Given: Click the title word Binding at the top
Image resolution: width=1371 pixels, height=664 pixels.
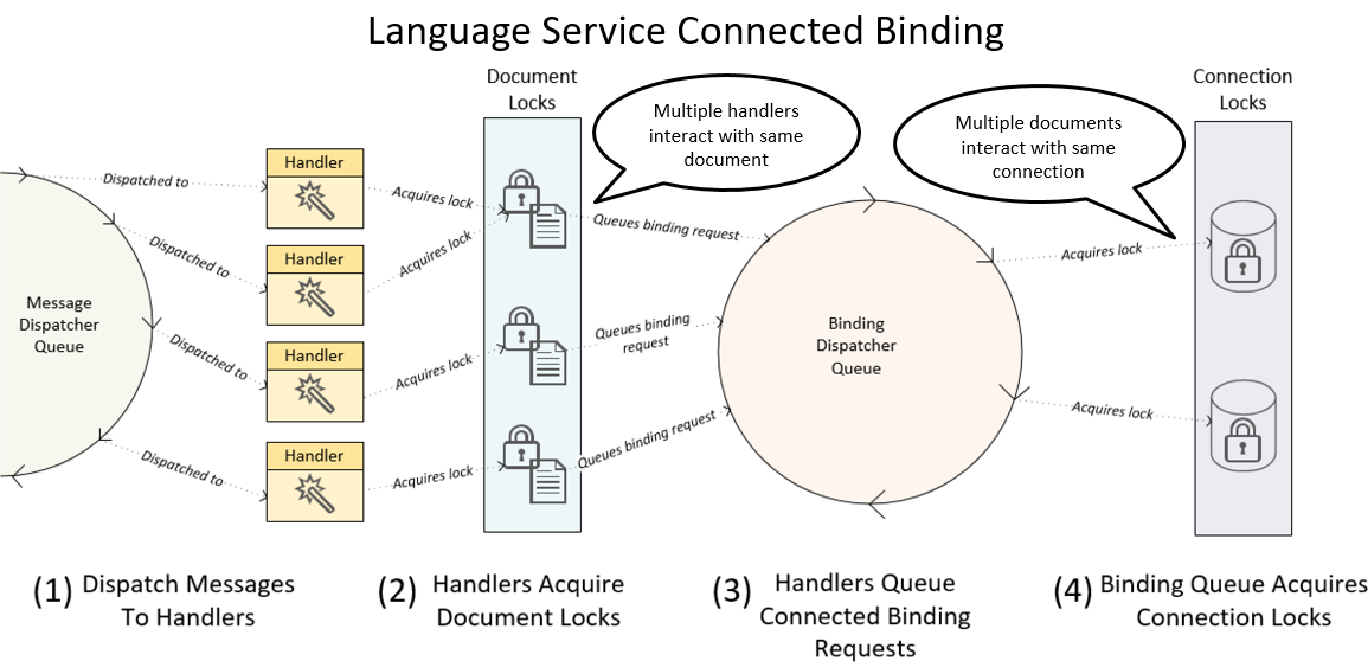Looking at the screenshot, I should (x=939, y=31).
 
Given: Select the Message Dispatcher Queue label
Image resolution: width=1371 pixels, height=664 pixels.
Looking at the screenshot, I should (x=59, y=325).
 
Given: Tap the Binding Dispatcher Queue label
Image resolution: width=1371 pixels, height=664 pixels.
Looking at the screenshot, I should (x=856, y=346).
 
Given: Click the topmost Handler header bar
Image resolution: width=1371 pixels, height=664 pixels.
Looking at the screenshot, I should (x=314, y=163).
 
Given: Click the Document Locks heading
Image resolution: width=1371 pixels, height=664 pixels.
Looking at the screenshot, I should (x=531, y=89).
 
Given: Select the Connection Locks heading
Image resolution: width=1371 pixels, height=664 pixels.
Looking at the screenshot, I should (x=1242, y=89).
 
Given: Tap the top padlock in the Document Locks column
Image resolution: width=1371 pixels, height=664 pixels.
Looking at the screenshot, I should (x=521, y=191).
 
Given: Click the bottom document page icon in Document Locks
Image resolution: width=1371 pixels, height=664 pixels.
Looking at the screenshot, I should (x=548, y=482).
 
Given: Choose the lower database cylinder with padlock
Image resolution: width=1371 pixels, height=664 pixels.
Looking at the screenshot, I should (x=1242, y=426).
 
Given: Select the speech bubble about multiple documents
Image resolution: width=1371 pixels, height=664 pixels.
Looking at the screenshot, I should (x=1038, y=147).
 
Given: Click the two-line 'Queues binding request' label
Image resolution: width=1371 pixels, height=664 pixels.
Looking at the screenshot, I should (x=643, y=333).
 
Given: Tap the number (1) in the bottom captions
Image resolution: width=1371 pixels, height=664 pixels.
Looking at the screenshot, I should (x=52, y=591).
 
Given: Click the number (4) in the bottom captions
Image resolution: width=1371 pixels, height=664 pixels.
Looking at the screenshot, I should (x=1073, y=591).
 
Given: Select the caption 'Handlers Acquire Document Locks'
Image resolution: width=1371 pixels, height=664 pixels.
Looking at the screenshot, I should (x=528, y=601).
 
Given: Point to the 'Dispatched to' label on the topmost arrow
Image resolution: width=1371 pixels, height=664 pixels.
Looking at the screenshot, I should (x=146, y=180).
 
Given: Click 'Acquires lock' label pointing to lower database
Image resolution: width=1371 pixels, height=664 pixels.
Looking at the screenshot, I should (x=1112, y=410).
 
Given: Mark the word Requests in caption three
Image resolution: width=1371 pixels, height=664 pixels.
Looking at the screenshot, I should (x=865, y=649).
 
